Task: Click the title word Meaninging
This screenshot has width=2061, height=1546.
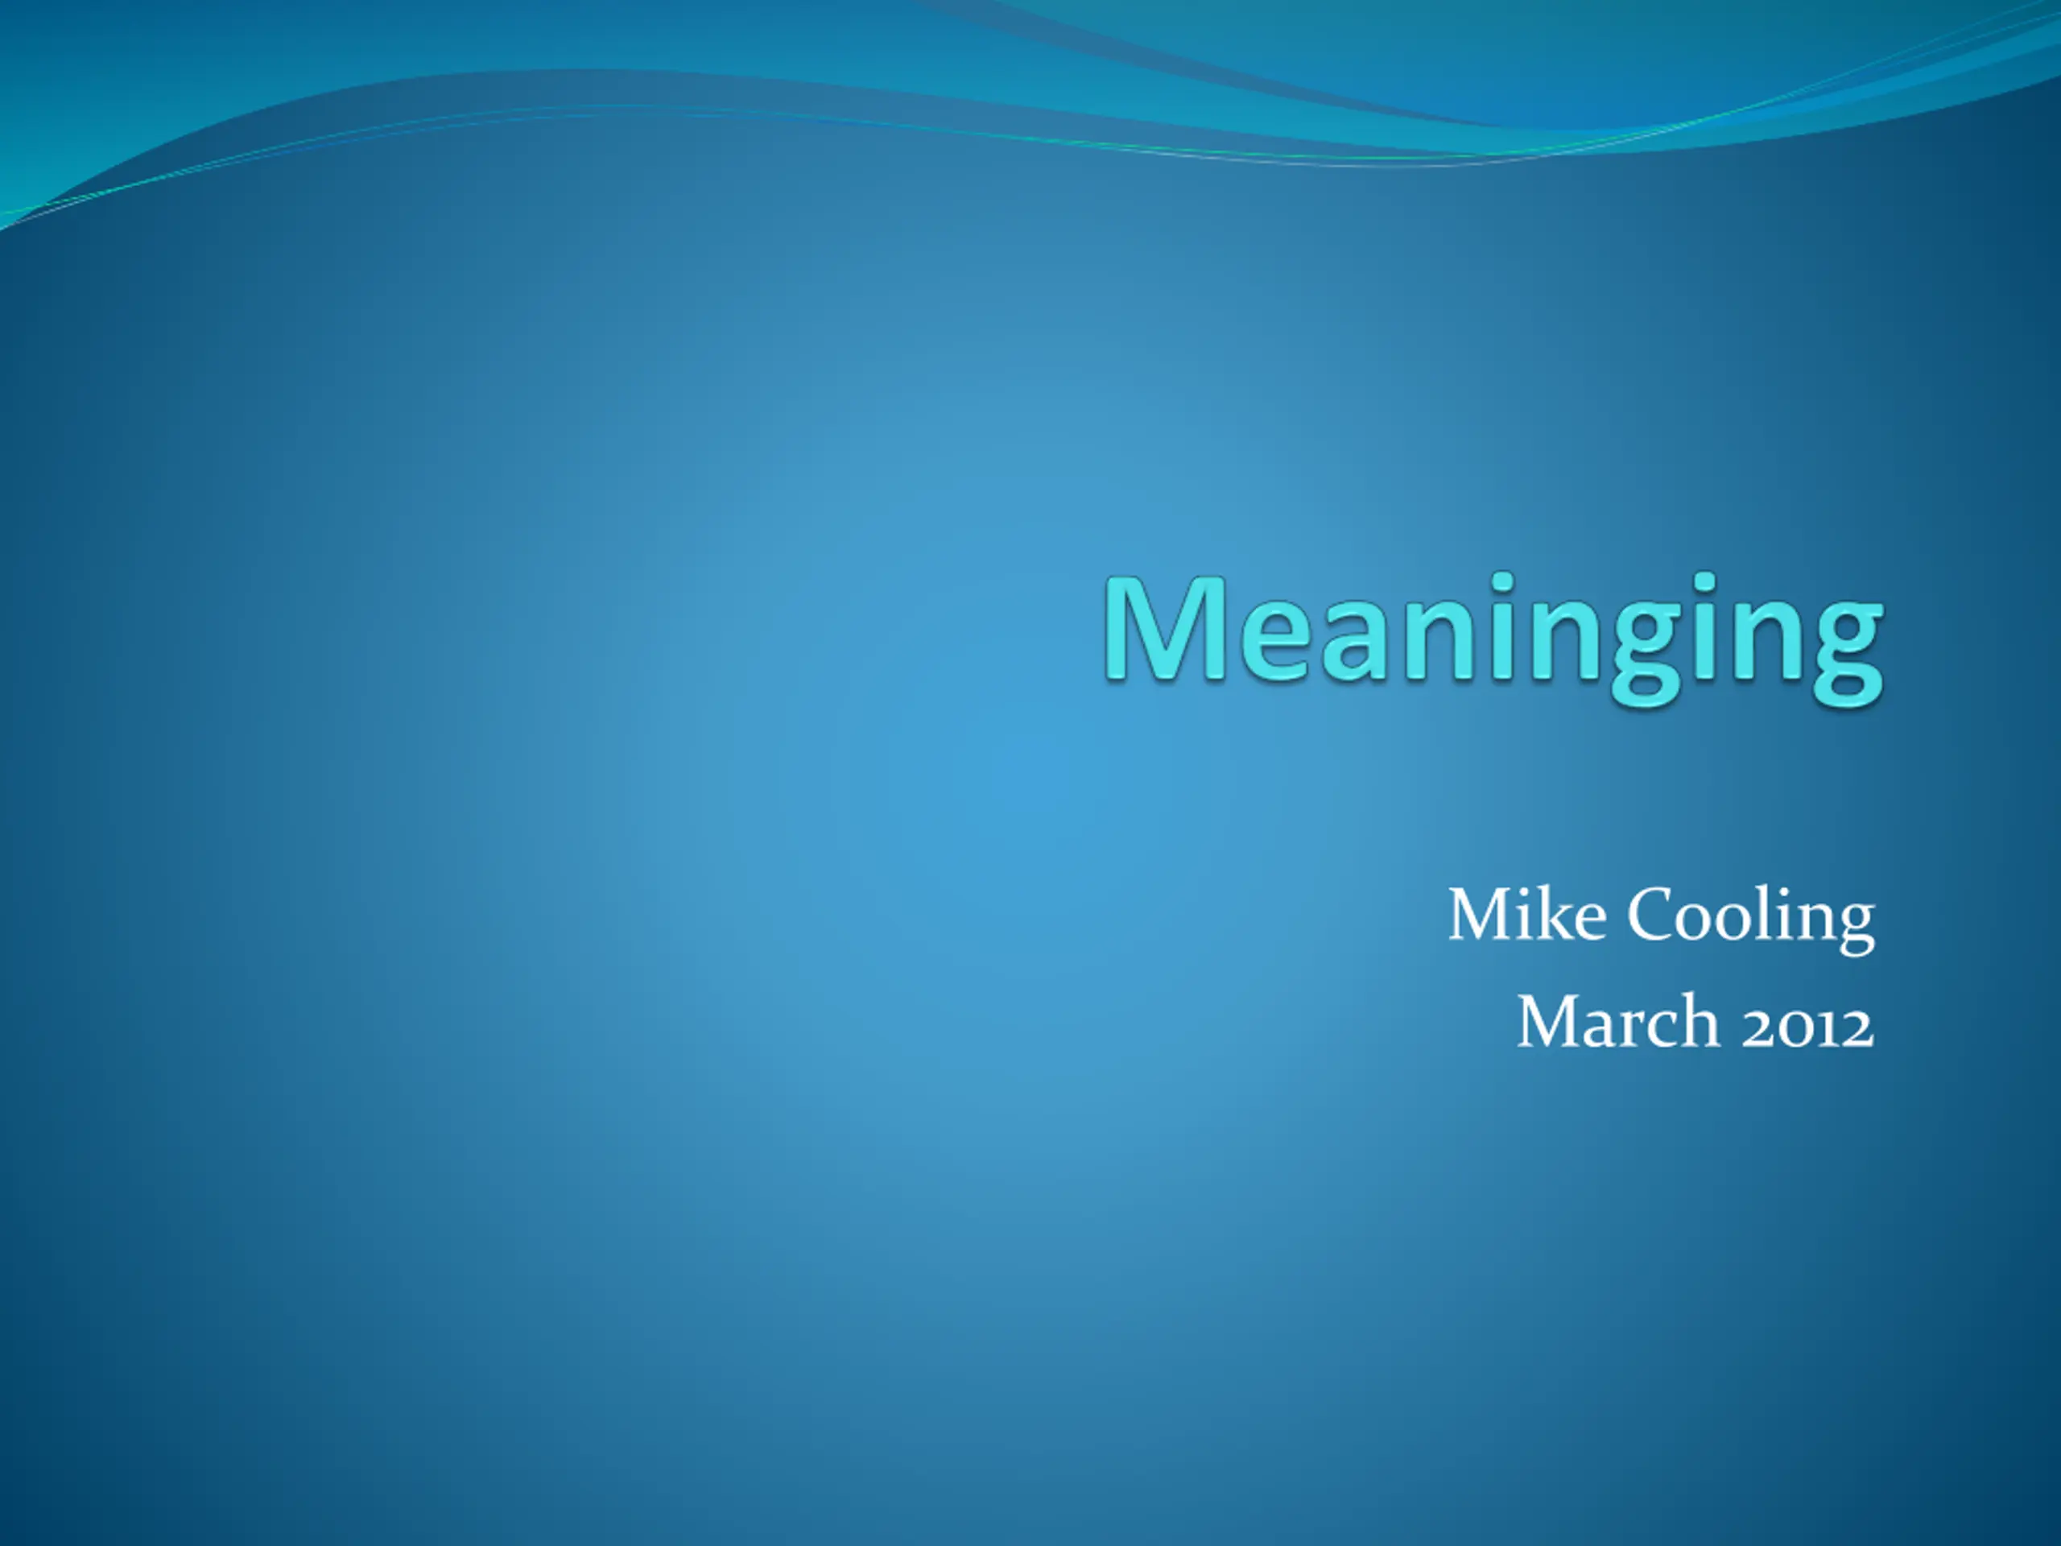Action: point(1493,639)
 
